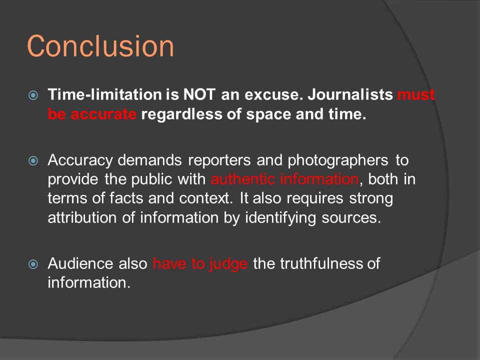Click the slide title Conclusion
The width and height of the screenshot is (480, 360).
tap(100, 46)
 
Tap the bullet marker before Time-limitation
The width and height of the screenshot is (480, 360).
tap(33, 95)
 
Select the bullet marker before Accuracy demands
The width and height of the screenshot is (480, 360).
tap(33, 160)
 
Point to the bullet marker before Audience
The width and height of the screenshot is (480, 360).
tap(33, 264)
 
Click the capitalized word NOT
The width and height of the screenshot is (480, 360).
tap(199, 94)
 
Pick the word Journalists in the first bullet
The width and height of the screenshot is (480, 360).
tap(350, 94)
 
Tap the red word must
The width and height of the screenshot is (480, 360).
tap(416, 94)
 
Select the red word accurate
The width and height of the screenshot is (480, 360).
tap(103, 114)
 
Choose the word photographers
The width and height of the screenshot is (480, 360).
tap(338, 160)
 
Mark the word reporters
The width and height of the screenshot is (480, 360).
tap(219, 160)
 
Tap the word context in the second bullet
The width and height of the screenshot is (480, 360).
tap(205, 198)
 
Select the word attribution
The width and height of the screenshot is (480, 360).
tap(82, 217)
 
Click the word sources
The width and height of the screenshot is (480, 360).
tap(351, 218)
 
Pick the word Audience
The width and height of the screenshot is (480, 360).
tap(80, 263)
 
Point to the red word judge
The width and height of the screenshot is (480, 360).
tap(228, 264)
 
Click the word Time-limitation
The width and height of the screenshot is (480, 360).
tap(104, 94)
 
